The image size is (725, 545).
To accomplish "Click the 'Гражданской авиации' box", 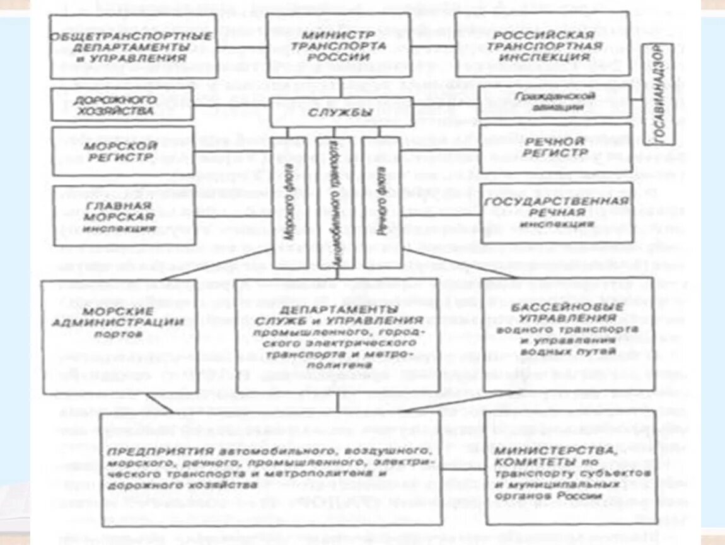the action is point(555,102).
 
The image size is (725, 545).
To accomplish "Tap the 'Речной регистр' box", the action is point(555,147).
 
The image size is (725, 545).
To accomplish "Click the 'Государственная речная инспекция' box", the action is point(556,213).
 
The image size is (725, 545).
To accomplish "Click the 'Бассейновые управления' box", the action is point(556,334).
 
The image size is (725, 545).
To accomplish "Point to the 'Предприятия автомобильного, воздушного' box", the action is point(271,468).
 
